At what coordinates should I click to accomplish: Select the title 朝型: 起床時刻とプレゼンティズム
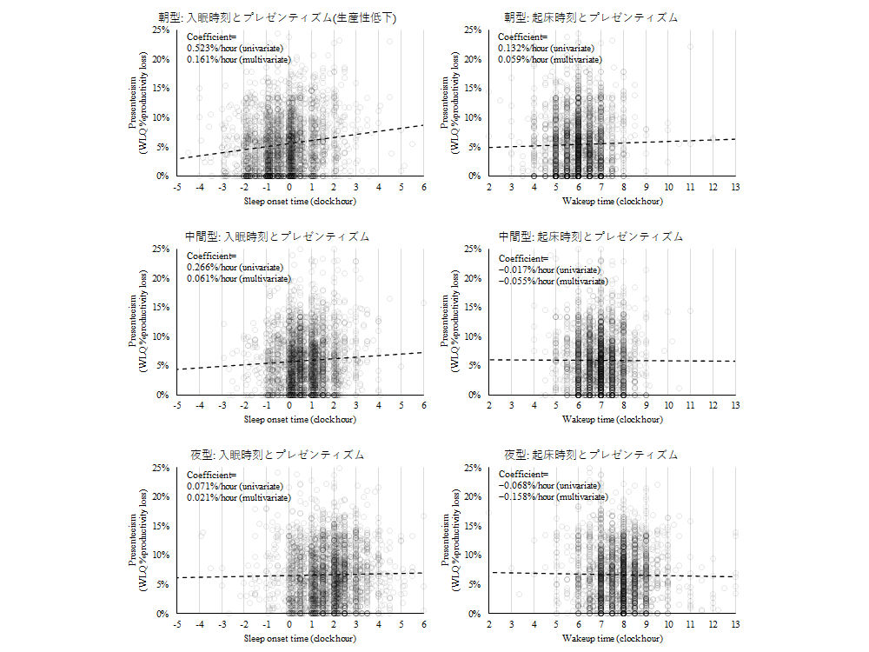591,17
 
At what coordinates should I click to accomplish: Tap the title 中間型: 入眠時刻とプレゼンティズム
277,236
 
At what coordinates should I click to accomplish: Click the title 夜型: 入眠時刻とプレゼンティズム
277,455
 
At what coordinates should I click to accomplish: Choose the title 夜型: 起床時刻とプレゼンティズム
591,455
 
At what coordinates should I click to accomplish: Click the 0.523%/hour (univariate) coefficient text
235,48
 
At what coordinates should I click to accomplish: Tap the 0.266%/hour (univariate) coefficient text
235,267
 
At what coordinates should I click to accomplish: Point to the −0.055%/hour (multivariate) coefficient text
553,280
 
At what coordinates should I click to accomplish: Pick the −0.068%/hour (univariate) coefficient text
548,485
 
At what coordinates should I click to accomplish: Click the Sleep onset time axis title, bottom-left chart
300,638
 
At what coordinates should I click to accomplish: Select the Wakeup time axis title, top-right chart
612,200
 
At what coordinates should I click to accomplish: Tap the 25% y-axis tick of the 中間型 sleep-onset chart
162,249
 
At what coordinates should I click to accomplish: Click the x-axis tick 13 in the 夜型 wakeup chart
735,624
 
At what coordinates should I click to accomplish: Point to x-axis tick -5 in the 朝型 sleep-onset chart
176,186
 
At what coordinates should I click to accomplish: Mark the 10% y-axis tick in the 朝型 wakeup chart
474,117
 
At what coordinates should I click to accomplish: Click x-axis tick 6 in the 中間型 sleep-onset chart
423,405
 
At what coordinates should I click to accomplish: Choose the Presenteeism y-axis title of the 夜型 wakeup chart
456,541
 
